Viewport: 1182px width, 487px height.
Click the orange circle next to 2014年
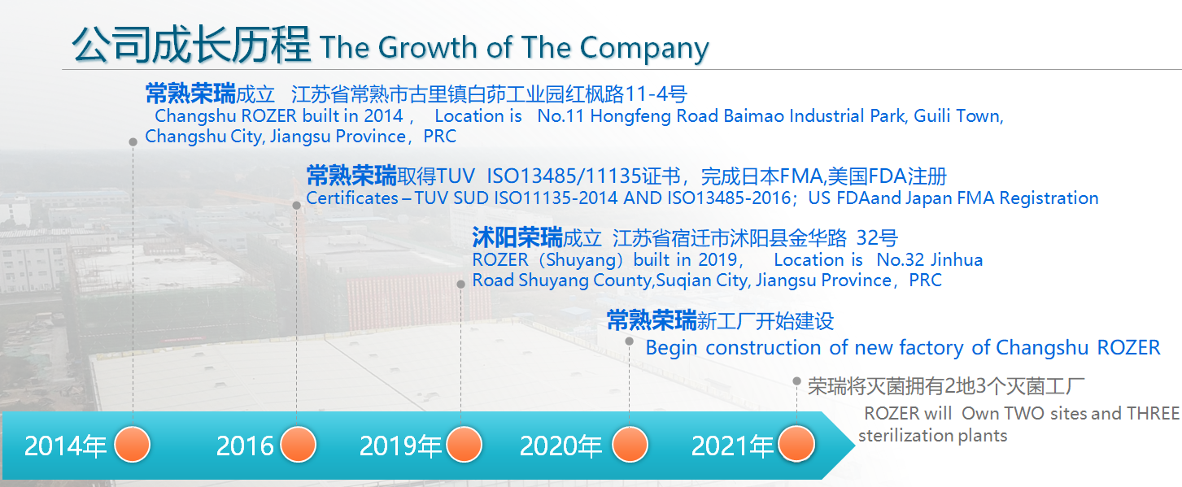tap(133, 445)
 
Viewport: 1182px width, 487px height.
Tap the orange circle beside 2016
tap(298, 445)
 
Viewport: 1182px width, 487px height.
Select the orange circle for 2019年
tap(464, 445)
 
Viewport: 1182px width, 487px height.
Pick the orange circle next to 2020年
tap(630, 445)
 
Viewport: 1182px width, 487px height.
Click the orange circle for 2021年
tap(796, 445)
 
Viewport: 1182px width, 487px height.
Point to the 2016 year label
tap(245, 446)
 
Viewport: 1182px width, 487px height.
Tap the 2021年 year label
tap(732, 446)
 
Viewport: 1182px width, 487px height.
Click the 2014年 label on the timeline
tap(65, 446)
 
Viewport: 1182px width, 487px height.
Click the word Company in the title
tap(644, 49)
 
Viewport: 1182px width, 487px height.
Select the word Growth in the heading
tap(427, 47)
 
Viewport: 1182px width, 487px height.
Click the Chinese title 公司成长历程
tap(191, 45)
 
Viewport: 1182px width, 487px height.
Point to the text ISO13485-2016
tap(729, 198)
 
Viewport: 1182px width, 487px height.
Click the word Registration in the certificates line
tap(1049, 198)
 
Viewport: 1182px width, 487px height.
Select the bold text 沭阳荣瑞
tap(517, 237)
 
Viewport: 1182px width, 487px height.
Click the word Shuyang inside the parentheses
tap(583, 260)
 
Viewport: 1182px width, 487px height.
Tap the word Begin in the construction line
tap(672, 348)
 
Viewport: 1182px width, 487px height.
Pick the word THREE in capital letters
tap(1153, 413)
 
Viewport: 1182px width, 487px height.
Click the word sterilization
tap(905, 435)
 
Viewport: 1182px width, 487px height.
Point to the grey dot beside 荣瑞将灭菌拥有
tap(796, 381)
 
